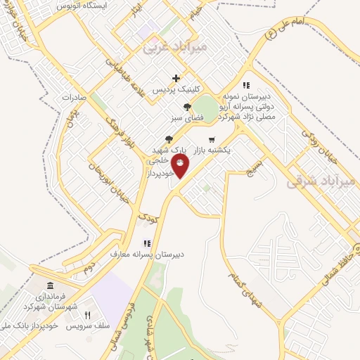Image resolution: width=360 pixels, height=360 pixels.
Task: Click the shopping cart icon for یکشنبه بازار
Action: pyautogui.click(x=231, y=139)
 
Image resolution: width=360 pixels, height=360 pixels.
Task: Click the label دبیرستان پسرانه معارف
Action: pyautogui.click(x=148, y=254)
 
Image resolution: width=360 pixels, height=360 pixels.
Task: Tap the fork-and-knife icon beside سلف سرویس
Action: pyautogui.click(x=88, y=315)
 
